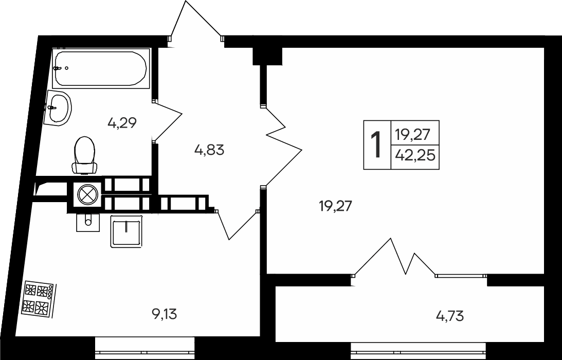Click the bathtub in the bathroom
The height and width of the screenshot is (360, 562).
[101, 68]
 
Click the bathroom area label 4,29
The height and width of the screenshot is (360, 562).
[122, 123]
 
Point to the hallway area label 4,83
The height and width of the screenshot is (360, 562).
[209, 151]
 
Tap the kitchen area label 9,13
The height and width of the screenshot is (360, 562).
[165, 314]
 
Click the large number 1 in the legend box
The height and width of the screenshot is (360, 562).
[377, 145]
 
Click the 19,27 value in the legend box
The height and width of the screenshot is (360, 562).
[415, 135]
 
